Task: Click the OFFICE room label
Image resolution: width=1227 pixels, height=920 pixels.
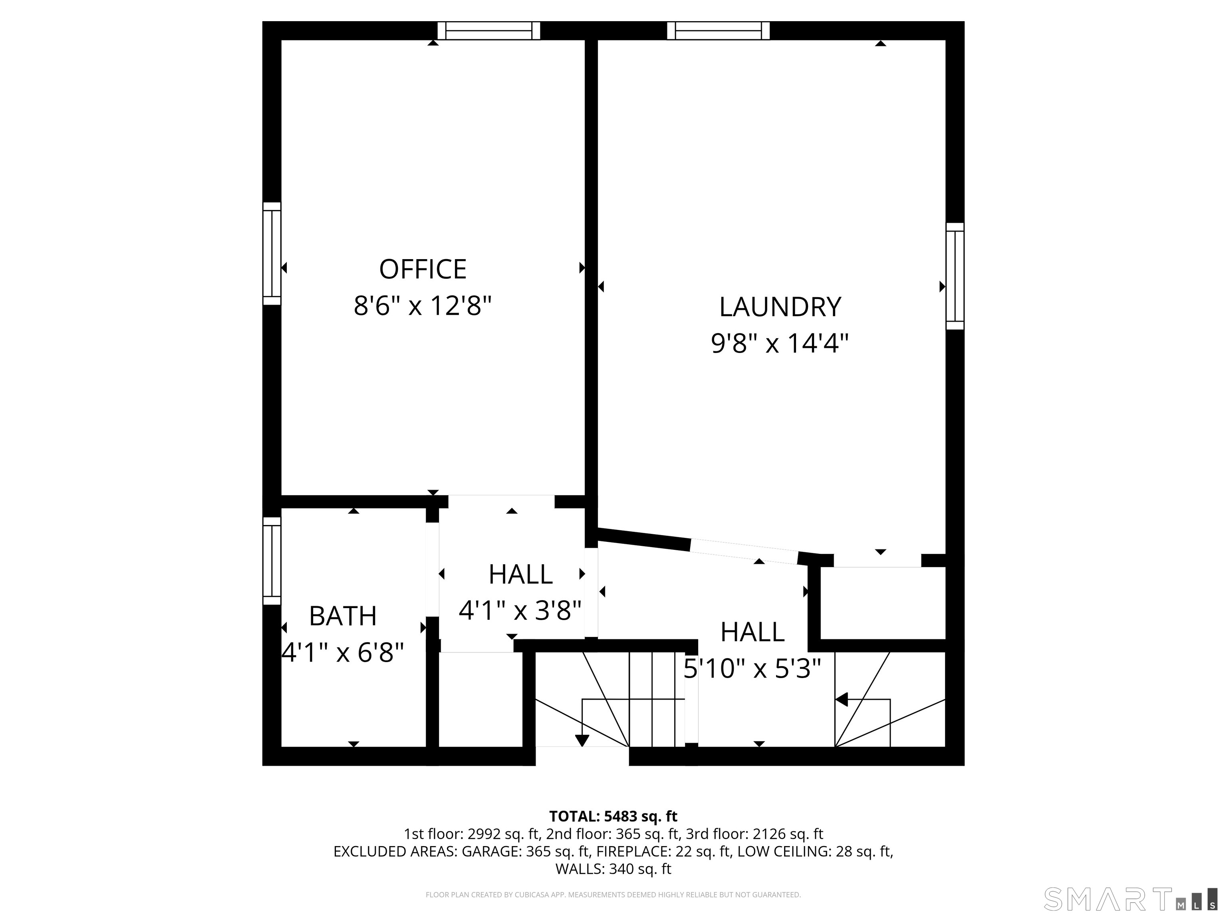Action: pos(423,270)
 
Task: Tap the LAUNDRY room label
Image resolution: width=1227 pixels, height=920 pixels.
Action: pos(780,307)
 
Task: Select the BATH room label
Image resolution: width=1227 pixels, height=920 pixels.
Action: pos(343,616)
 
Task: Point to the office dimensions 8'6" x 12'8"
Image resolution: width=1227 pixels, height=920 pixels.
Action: pos(423,305)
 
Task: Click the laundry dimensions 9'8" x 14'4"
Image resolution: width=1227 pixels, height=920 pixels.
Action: pos(780,343)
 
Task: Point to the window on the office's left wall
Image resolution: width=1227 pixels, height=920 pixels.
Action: pos(272,254)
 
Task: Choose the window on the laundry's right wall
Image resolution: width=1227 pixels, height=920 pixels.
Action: pos(955,276)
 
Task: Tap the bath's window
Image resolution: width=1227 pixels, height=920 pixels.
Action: pos(272,561)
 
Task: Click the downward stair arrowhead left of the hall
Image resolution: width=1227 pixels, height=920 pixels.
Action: pos(582,740)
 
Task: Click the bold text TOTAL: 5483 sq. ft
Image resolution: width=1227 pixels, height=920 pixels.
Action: pos(613,816)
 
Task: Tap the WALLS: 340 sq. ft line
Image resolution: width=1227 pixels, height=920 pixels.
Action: pos(613,869)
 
